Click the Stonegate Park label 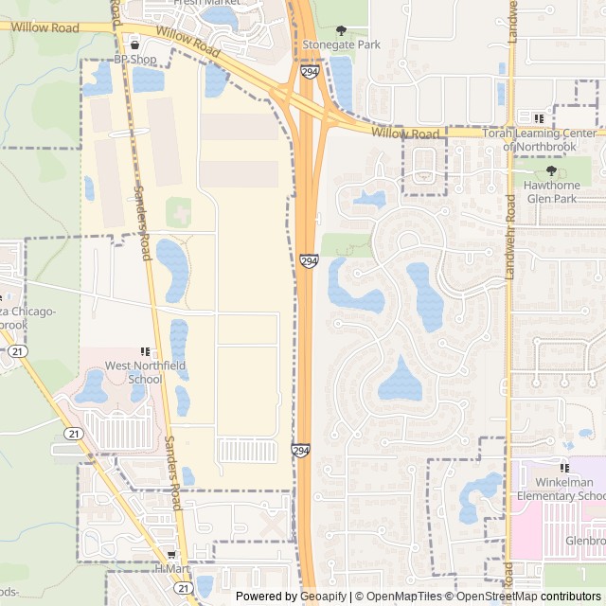[x=341, y=45]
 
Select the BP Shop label [x=134, y=59]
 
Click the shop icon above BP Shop [x=134, y=45]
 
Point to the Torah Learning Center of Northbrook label [x=540, y=139]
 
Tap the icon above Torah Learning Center [x=539, y=119]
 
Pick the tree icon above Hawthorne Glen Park [x=551, y=170]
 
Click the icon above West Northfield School [x=145, y=351]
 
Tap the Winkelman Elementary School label [x=561, y=489]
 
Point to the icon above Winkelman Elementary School [x=565, y=468]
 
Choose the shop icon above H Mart [x=171, y=555]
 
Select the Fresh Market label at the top [x=205, y=4]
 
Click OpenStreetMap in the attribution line [x=496, y=597]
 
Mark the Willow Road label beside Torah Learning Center [x=405, y=134]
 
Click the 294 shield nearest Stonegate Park [x=310, y=72]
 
